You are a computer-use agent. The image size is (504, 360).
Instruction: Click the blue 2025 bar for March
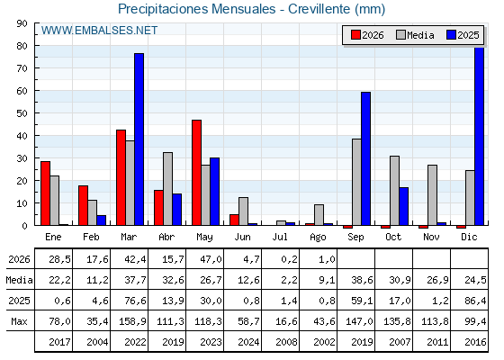139,139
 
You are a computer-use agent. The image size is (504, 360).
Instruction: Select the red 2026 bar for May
197,173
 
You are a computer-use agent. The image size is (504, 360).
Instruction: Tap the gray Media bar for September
356,182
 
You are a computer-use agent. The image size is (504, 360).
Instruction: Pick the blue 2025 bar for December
479,136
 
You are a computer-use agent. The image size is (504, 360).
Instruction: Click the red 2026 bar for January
45,193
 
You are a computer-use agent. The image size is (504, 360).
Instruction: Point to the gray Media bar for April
167,189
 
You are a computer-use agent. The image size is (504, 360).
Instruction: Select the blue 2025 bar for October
404,206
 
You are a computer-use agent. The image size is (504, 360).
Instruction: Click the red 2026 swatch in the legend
355,35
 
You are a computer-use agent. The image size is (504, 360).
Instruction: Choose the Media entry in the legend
415,35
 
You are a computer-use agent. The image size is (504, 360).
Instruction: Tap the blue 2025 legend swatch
451,35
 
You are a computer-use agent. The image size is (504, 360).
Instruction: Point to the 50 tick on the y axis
22,113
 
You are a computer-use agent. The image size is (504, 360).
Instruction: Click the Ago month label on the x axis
318,238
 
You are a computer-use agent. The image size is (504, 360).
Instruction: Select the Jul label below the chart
280,237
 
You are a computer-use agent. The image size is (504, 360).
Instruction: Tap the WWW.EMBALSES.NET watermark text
99,31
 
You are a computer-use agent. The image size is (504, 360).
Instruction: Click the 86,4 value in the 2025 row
475,301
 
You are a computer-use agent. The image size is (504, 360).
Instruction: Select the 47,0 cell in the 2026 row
211,259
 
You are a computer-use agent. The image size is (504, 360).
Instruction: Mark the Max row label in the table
19,321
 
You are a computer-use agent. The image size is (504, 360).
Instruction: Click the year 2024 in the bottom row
248,342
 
